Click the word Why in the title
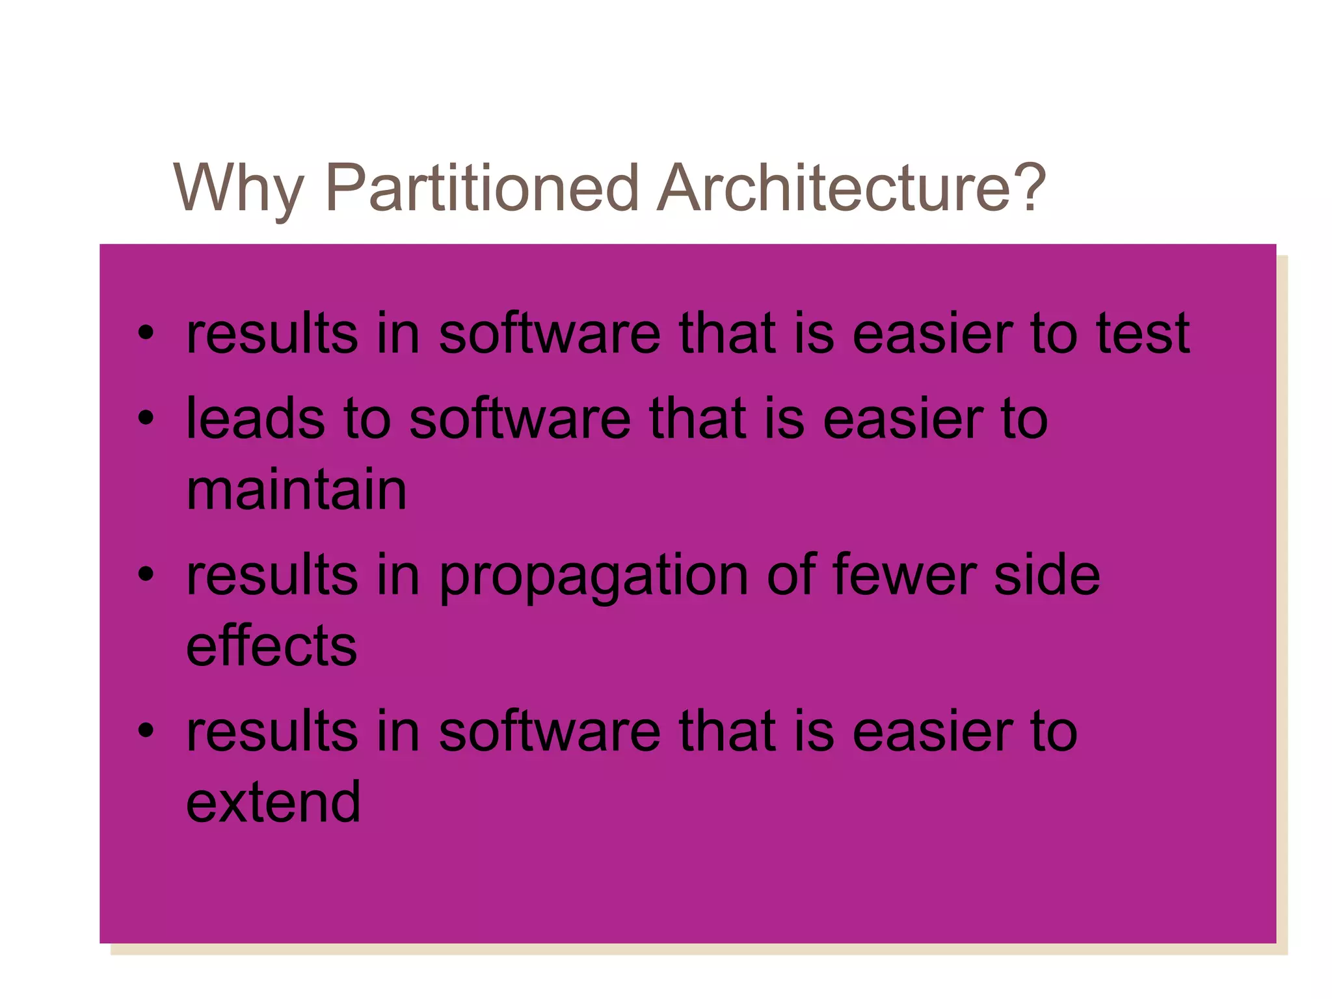pos(238,189)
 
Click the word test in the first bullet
pos(1143,333)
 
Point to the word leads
pos(256,418)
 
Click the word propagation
pos(594,576)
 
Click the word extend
pos(273,801)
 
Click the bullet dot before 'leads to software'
pos(146,418)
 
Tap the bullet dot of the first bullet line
pos(146,334)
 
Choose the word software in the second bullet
pos(520,418)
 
